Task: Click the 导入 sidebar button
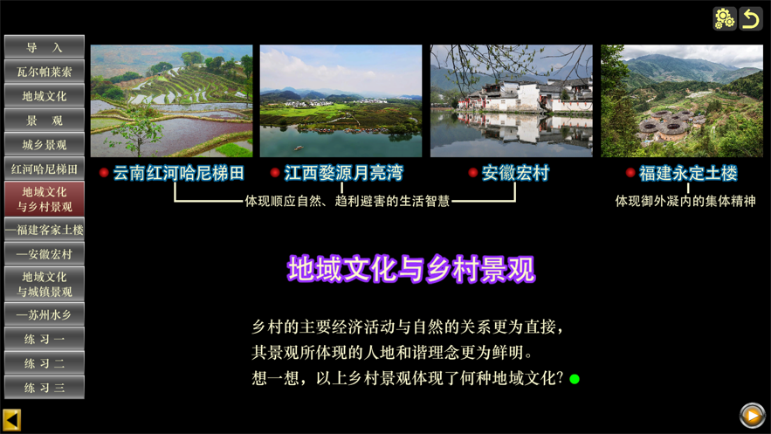pyautogui.click(x=45, y=47)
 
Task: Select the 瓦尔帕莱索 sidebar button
pyautogui.click(x=45, y=72)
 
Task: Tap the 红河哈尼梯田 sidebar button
pyautogui.click(x=45, y=169)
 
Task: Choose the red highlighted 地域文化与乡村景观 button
pyautogui.click(x=45, y=199)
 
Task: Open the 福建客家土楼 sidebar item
pyautogui.click(x=45, y=230)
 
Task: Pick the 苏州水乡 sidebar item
pyautogui.click(x=45, y=314)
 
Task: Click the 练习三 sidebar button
pyautogui.click(x=45, y=388)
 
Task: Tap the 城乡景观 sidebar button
pyautogui.click(x=45, y=145)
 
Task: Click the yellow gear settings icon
pyautogui.click(x=725, y=18)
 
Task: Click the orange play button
pyautogui.click(x=753, y=416)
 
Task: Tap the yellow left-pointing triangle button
pyautogui.click(x=11, y=420)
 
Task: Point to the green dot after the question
pyautogui.click(x=575, y=379)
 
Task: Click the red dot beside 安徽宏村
pyautogui.click(x=473, y=173)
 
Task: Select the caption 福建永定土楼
pyautogui.click(x=688, y=173)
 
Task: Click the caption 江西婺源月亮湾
pyautogui.click(x=344, y=173)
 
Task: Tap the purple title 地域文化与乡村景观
pyautogui.click(x=411, y=269)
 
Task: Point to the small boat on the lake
pyautogui.click(x=299, y=148)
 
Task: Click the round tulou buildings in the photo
pyautogui.click(x=664, y=125)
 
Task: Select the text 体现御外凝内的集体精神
pyautogui.click(x=685, y=201)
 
